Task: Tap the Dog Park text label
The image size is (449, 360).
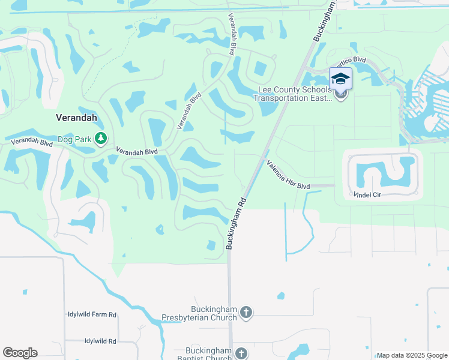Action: click(x=74, y=139)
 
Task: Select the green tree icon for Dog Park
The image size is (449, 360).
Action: click(x=101, y=139)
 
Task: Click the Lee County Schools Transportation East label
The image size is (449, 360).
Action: click(x=295, y=94)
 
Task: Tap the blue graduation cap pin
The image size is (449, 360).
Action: click(x=340, y=79)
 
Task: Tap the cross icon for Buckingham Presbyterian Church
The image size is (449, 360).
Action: click(x=246, y=312)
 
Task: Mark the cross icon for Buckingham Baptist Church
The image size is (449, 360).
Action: click(x=241, y=353)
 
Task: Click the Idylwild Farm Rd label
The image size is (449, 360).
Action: click(x=92, y=314)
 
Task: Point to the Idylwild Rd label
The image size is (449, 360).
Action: click(x=100, y=341)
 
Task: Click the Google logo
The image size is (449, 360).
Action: click(x=20, y=352)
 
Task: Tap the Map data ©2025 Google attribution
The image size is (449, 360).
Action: click(x=412, y=355)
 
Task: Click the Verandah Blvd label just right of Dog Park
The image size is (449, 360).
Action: click(x=136, y=152)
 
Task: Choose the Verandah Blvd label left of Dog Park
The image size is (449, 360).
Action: click(x=32, y=142)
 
